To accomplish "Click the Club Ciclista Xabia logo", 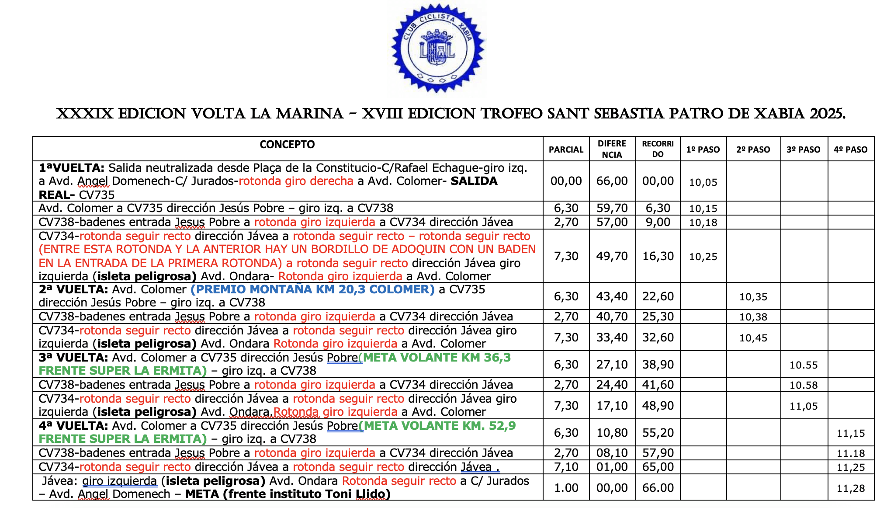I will (438, 48).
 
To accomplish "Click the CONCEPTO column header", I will (287, 145).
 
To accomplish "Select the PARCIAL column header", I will (566, 150).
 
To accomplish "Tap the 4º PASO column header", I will (850, 150).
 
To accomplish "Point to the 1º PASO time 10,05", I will (703, 182).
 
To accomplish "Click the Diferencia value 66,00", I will (612, 181).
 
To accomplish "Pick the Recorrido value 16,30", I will (658, 256).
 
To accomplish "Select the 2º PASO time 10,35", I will (753, 297).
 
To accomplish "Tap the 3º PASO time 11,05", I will (804, 406).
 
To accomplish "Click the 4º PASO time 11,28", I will (851, 488).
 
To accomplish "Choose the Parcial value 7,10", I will (566, 467).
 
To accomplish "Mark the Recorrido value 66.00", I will (658, 488).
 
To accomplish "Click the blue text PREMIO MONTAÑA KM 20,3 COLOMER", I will (312, 289).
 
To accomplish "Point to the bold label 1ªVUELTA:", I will (72, 168).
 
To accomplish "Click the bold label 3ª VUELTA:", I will (73, 358).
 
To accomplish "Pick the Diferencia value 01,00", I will (612, 467).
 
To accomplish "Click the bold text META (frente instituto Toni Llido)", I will (288, 494).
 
